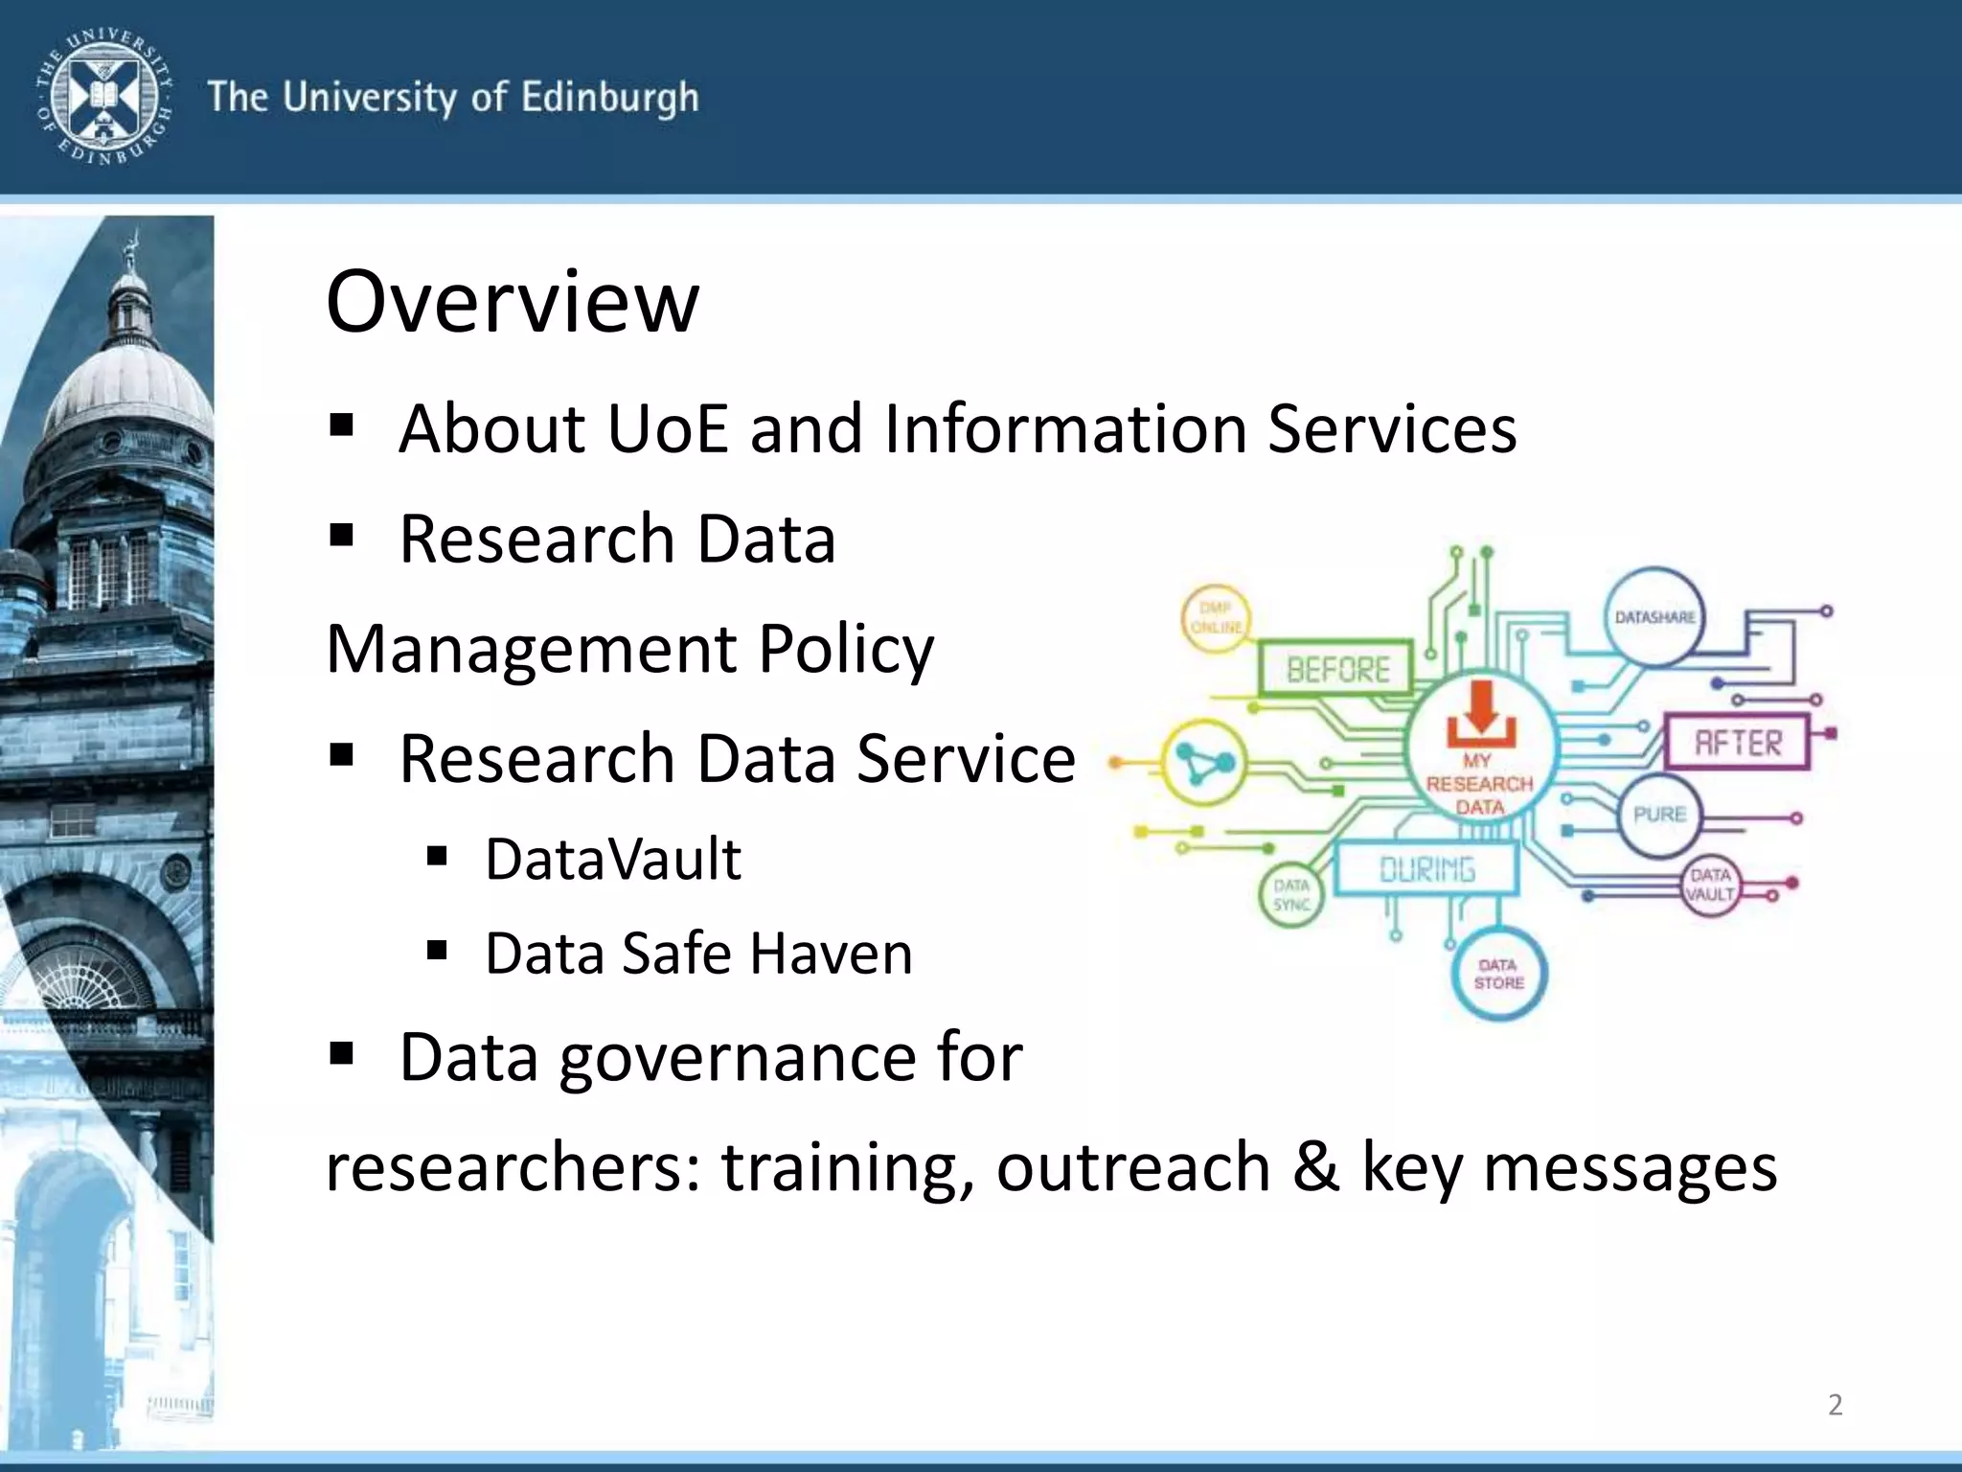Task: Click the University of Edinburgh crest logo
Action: point(103,96)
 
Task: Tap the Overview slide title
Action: point(513,301)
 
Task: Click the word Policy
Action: point(846,650)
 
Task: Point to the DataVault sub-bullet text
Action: point(613,859)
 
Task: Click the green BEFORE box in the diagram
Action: point(1337,668)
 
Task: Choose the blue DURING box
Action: point(1427,869)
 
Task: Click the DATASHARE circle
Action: point(1654,617)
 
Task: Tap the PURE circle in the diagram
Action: point(1659,815)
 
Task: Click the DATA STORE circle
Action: point(1499,974)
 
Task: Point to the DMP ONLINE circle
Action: point(1216,618)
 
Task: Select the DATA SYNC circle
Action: point(1291,895)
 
